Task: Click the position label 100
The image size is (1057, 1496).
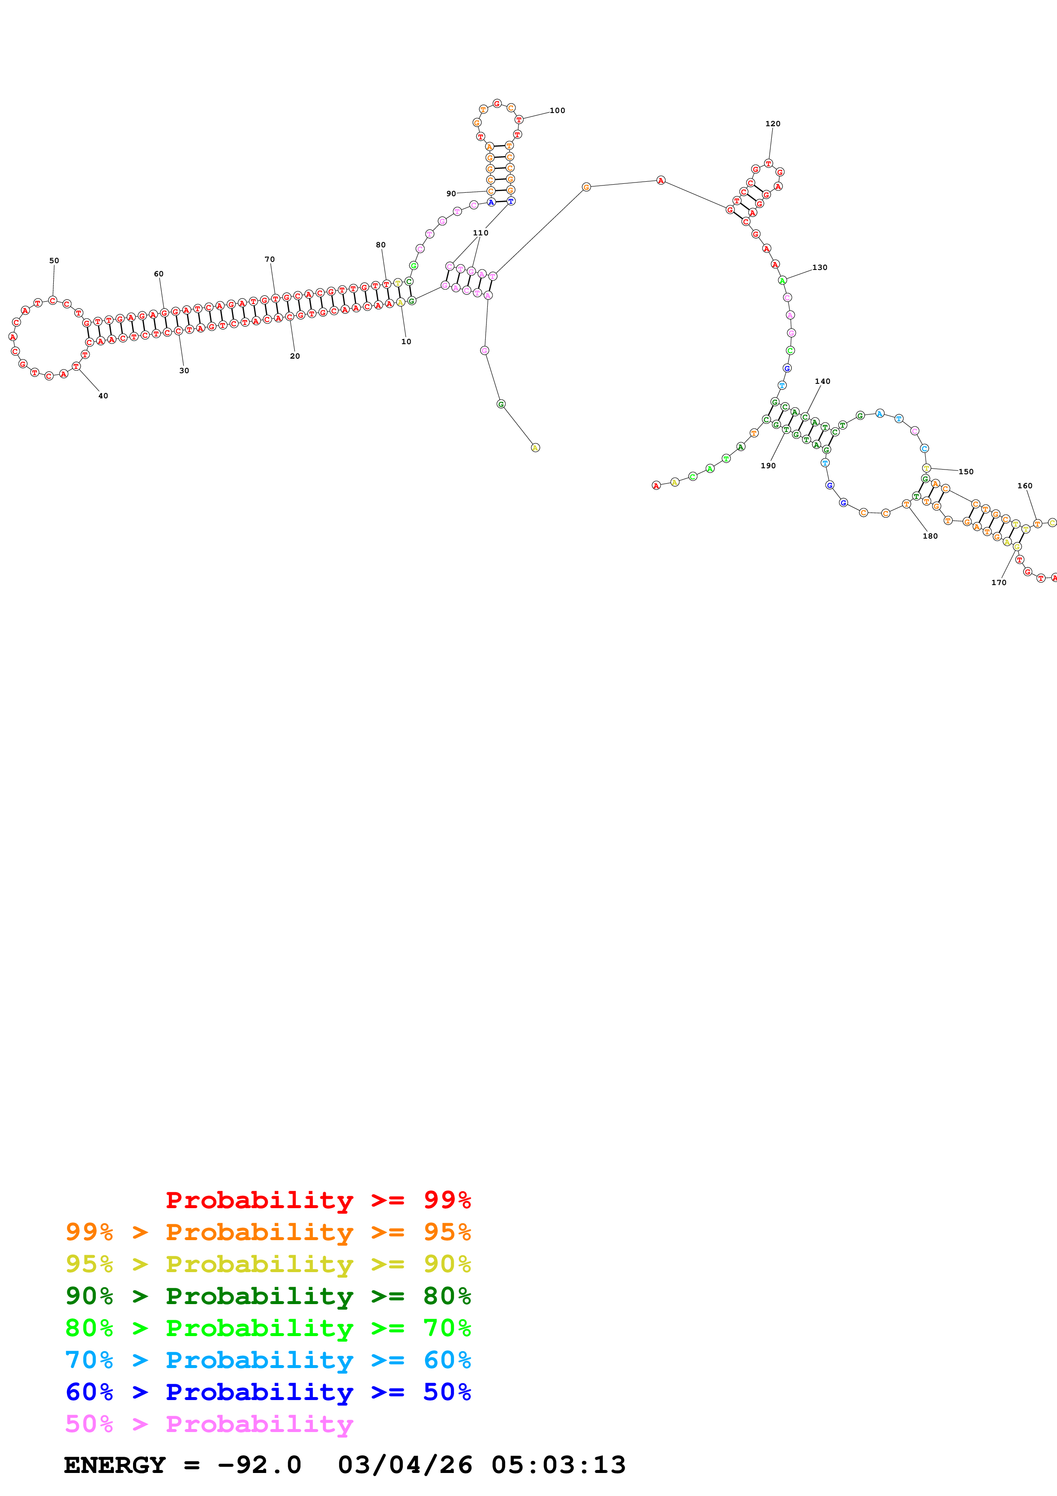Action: (x=557, y=111)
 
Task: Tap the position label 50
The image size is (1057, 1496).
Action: (x=54, y=261)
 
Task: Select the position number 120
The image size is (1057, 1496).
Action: (x=773, y=124)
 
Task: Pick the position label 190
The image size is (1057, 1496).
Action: (x=768, y=466)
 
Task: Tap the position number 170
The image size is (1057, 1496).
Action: (x=999, y=583)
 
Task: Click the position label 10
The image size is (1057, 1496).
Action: (x=406, y=342)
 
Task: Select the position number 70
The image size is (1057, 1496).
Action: (x=269, y=259)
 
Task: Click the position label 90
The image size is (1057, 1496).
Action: (x=451, y=194)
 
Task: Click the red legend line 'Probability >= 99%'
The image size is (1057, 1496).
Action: (x=318, y=1200)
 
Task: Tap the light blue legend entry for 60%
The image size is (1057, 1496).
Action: (x=268, y=1360)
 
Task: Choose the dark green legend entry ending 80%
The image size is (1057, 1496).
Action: (x=268, y=1296)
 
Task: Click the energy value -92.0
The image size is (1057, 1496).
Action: (x=259, y=1465)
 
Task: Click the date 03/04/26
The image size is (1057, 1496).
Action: (x=405, y=1465)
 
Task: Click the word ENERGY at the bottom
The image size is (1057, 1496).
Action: (x=115, y=1465)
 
